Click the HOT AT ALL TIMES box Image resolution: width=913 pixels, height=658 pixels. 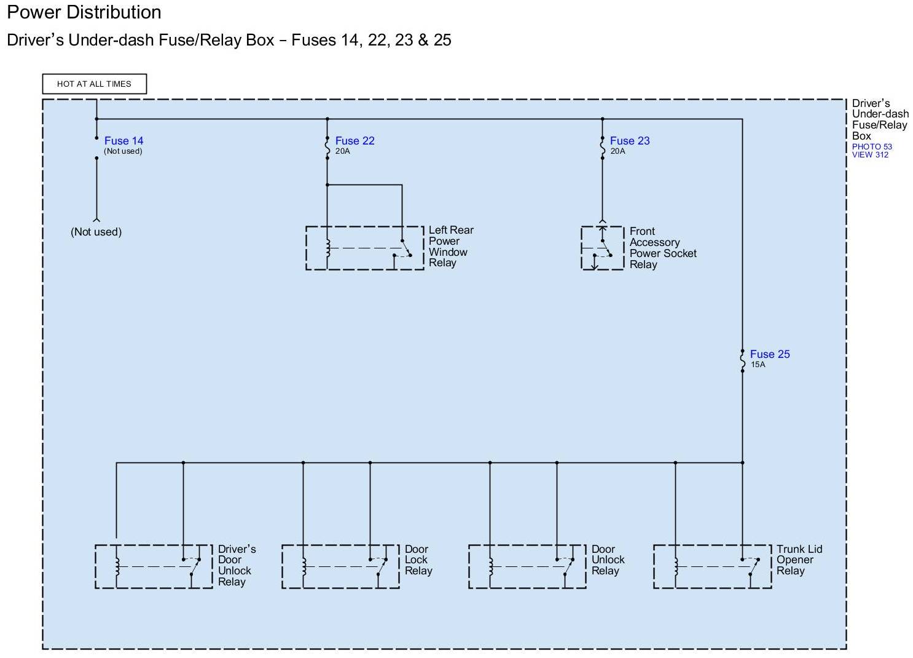pyautogui.click(x=94, y=84)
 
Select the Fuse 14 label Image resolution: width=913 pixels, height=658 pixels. pyautogui.click(x=123, y=141)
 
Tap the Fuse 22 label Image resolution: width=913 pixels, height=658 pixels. pyautogui.click(x=355, y=141)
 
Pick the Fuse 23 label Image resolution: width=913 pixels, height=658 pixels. pyautogui.click(x=630, y=141)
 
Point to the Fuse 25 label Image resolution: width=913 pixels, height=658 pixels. pyautogui.click(x=770, y=354)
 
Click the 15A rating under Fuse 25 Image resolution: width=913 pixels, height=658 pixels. pyautogui.click(x=758, y=365)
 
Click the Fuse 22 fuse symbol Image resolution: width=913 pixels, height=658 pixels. pyautogui.click(x=327, y=146)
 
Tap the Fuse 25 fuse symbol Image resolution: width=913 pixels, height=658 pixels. pyautogui.click(x=742, y=360)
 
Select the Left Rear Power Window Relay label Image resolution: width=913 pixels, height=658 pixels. pyautogui.click(x=450, y=246)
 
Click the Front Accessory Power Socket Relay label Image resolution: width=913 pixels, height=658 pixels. pyautogui.click(x=662, y=248)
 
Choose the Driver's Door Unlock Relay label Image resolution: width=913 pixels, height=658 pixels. pyautogui.click(x=237, y=565)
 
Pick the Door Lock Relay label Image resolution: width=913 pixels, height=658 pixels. pyautogui.click(x=418, y=560)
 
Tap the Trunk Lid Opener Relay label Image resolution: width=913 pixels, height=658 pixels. pyautogui.click(x=799, y=560)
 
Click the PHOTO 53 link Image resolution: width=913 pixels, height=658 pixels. pyautogui.click(x=872, y=146)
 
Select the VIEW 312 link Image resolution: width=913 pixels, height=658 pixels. pyautogui.click(x=870, y=155)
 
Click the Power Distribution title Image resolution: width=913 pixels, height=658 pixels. pyautogui.click(x=84, y=12)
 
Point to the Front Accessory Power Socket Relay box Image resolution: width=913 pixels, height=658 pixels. pyautogui.click(x=602, y=248)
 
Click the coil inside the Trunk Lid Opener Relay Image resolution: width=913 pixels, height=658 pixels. pyautogui.click(x=676, y=566)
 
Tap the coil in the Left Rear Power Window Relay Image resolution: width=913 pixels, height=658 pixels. pyautogui.click(x=327, y=248)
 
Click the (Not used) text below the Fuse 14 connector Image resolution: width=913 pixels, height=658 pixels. pyautogui.click(x=96, y=232)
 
